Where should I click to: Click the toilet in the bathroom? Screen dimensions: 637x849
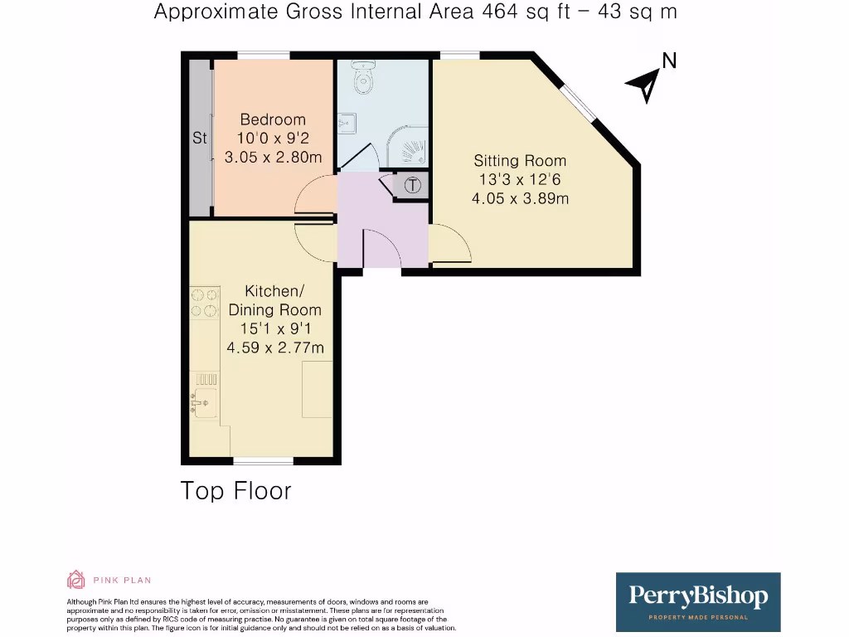pos(361,78)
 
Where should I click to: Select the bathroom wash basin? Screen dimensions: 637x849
pos(347,124)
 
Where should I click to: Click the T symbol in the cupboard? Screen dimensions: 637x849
pos(412,186)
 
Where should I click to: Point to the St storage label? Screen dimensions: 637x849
pos(200,139)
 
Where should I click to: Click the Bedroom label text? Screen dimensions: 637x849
pos(273,120)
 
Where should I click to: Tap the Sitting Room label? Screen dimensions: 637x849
pos(520,161)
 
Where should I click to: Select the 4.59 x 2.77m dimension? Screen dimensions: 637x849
pos(274,347)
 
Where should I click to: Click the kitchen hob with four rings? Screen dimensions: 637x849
pos(205,302)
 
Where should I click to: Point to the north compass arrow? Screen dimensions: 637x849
pos(643,84)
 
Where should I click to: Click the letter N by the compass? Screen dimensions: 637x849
pos(668,61)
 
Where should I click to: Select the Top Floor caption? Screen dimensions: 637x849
pos(236,491)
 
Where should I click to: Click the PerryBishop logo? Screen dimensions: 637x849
pos(698,601)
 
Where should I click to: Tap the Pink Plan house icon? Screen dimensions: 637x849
pos(75,580)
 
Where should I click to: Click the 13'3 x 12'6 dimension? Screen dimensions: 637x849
pos(520,179)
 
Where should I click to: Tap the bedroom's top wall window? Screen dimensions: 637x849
pos(264,56)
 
